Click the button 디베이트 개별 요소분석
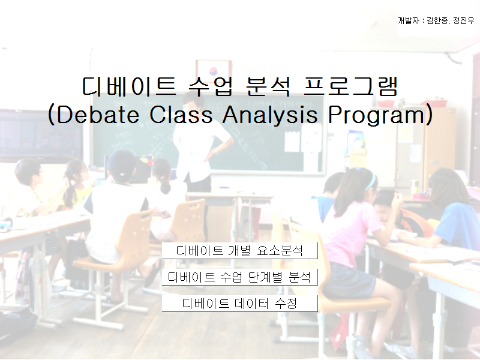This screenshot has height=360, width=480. pos(239,250)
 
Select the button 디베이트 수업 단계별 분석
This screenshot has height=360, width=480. pos(239,277)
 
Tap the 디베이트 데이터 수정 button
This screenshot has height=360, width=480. pos(239,304)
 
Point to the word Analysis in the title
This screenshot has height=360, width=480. pos(269,115)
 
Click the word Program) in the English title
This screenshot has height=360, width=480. pos(380,115)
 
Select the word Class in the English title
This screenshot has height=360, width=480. pos(181,115)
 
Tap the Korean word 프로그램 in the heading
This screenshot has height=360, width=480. pos(350,86)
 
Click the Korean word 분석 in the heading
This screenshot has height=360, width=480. pos(268,86)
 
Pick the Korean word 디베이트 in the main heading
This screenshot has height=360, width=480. pos(129,86)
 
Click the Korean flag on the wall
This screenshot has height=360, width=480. pos(214,70)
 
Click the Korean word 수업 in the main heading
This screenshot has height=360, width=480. pos(211,86)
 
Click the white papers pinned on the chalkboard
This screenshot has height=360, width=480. pos(303,139)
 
